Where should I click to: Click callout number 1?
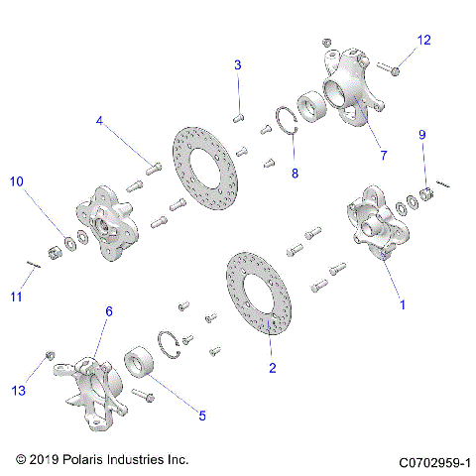pos(402,305)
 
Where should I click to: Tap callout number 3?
pos(238,65)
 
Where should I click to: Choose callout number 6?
pos(109,311)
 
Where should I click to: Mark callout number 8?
pos(294,174)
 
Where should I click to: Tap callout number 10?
pos(15,181)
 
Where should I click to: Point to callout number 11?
pos(15,297)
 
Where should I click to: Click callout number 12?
pos(423,41)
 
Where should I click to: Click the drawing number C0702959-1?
pos(433,462)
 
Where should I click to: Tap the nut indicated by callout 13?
pos(49,356)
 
